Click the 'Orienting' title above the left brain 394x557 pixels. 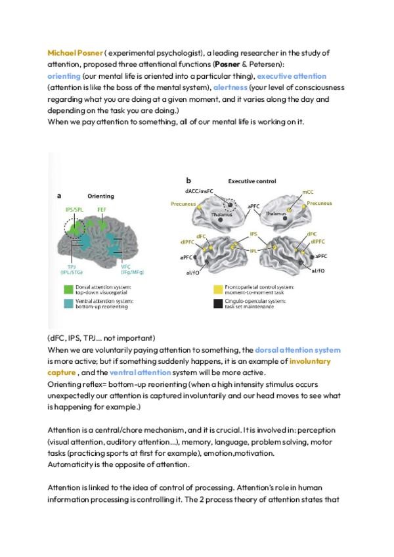coord(100,196)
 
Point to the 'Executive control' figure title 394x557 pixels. coord(252,181)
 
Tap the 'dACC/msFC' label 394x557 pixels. coord(207,190)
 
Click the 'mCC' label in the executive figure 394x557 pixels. coord(307,192)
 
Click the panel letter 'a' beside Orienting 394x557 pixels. coord(60,195)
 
